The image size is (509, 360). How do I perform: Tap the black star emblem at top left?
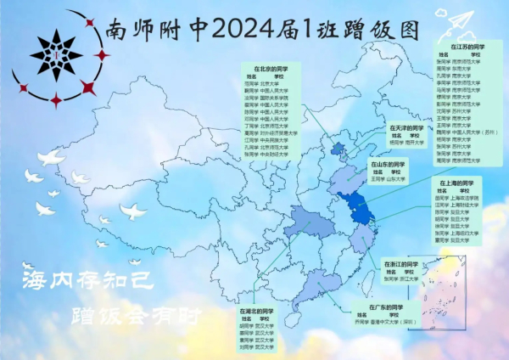pyautogui.click(x=56, y=56)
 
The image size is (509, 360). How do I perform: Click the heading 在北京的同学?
pyautogui.click(x=272, y=67)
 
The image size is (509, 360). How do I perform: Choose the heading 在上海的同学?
pyautogui.click(x=457, y=182)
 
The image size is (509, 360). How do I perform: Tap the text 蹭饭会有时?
pyautogui.click(x=135, y=317)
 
